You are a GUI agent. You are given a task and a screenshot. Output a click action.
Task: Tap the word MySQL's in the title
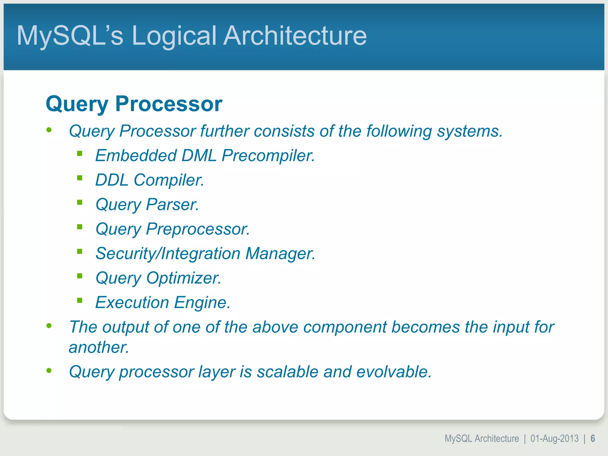tap(70, 36)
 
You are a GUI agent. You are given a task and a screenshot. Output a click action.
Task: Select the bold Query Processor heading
tap(134, 104)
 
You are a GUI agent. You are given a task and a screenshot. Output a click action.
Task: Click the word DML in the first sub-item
tap(199, 156)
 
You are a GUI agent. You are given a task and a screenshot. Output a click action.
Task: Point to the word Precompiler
tap(268, 156)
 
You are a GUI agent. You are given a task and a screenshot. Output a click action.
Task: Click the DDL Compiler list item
tap(149, 180)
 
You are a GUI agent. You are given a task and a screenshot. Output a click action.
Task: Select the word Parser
tap(172, 205)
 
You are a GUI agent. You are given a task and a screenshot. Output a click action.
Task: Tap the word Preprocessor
tap(198, 229)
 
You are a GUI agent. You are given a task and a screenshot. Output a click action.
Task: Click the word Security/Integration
tap(168, 254)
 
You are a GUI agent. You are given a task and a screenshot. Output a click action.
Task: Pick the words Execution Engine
tap(163, 303)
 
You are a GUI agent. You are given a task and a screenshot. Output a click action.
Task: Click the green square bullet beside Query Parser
tap(80, 202)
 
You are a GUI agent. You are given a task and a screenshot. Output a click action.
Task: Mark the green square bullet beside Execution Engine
tap(80, 300)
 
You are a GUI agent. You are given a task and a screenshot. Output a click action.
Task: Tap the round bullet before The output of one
tap(49, 326)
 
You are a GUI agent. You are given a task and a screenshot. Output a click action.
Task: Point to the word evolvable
tap(394, 372)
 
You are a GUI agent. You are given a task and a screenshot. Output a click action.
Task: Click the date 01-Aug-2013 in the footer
tap(554, 438)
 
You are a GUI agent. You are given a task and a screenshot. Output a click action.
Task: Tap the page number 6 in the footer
tap(593, 438)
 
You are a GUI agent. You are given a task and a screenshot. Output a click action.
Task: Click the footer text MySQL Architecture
tap(482, 438)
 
